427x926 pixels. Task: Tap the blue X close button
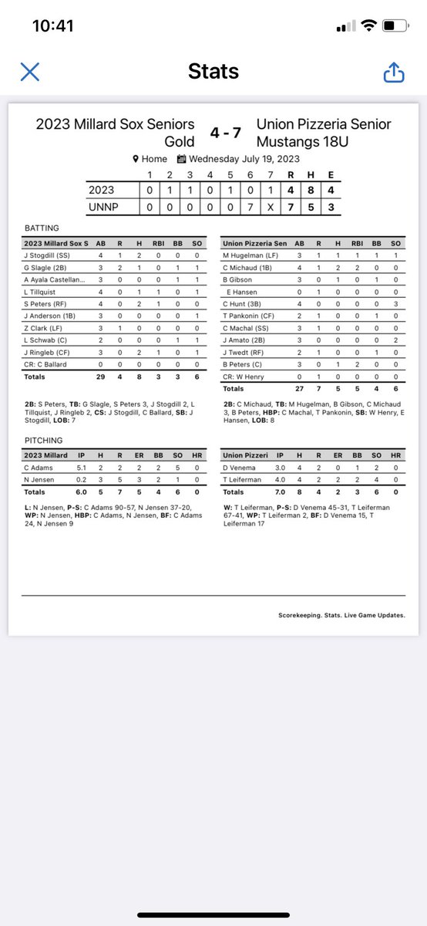click(x=29, y=73)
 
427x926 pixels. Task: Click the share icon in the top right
click(x=393, y=73)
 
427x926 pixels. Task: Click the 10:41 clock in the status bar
click(x=53, y=26)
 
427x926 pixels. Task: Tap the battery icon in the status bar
click(x=394, y=26)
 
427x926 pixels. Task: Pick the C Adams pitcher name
click(x=38, y=467)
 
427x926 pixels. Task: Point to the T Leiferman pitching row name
click(x=244, y=479)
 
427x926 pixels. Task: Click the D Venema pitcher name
click(x=240, y=467)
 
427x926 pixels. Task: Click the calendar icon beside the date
click(x=181, y=159)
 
